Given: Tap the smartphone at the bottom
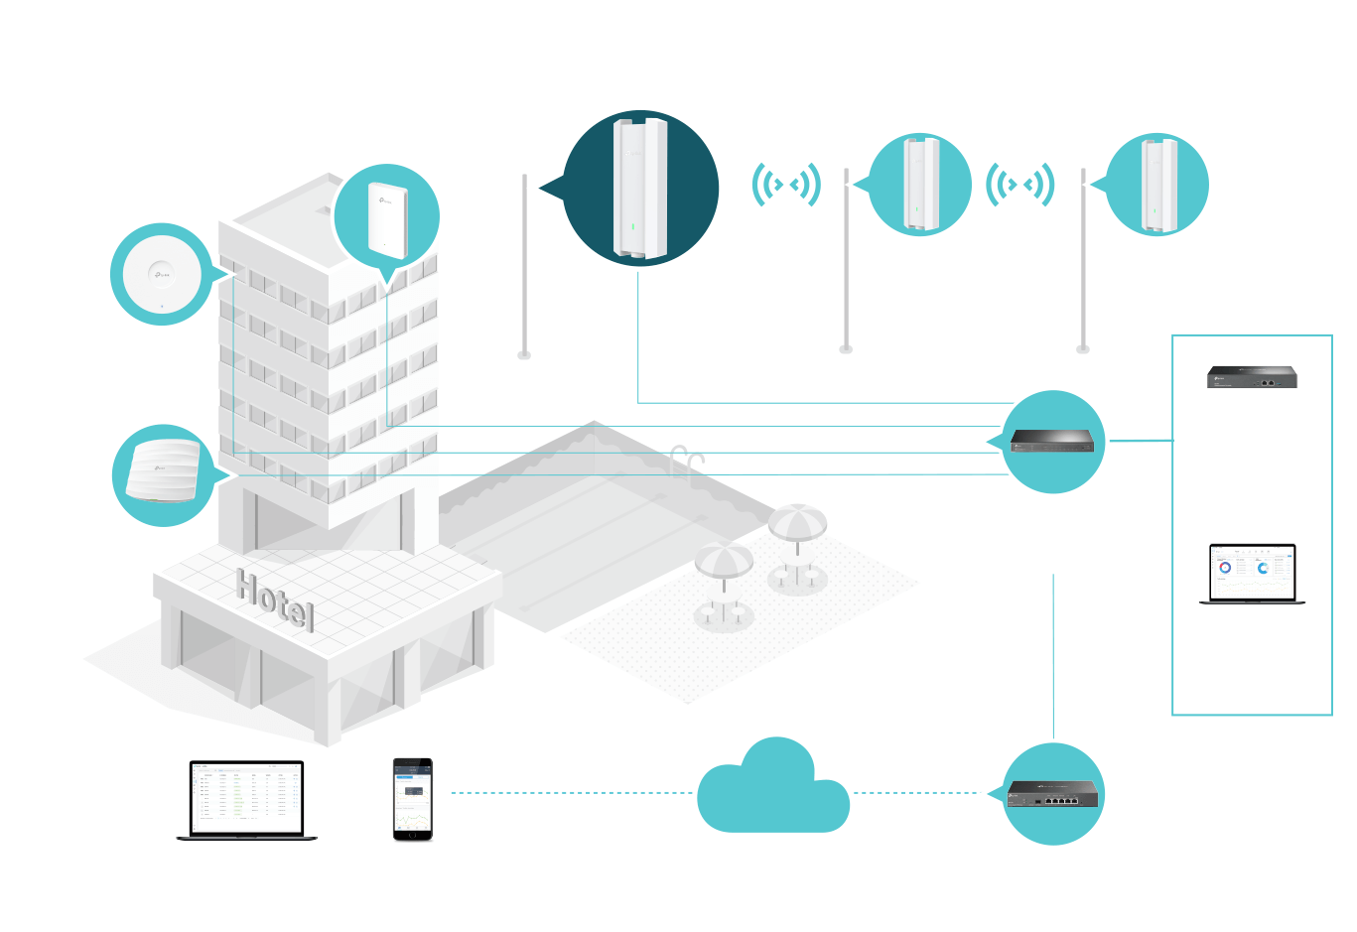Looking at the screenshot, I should click(413, 799).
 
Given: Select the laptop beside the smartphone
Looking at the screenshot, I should click(246, 800).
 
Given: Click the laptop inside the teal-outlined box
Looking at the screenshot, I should click(1252, 574).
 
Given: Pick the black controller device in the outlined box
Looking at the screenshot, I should click(1252, 377).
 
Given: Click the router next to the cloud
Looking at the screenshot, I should click(1053, 793).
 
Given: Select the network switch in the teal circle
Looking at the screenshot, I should click(1053, 441).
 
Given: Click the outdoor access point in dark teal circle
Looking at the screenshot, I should click(640, 188).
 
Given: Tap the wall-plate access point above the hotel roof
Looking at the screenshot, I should click(387, 218).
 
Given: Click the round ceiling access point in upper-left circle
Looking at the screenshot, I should click(161, 273).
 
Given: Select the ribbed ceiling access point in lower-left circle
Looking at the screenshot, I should click(163, 472).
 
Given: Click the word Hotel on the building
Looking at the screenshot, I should click(275, 599).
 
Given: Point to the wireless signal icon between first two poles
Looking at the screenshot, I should click(786, 185).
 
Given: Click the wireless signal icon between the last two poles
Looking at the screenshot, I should click(1019, 185).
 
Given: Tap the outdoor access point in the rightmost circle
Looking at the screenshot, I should click(1157, 185).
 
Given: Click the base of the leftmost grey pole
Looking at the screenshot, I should click(524, 354).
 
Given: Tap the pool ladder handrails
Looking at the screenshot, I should click(687, 460).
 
